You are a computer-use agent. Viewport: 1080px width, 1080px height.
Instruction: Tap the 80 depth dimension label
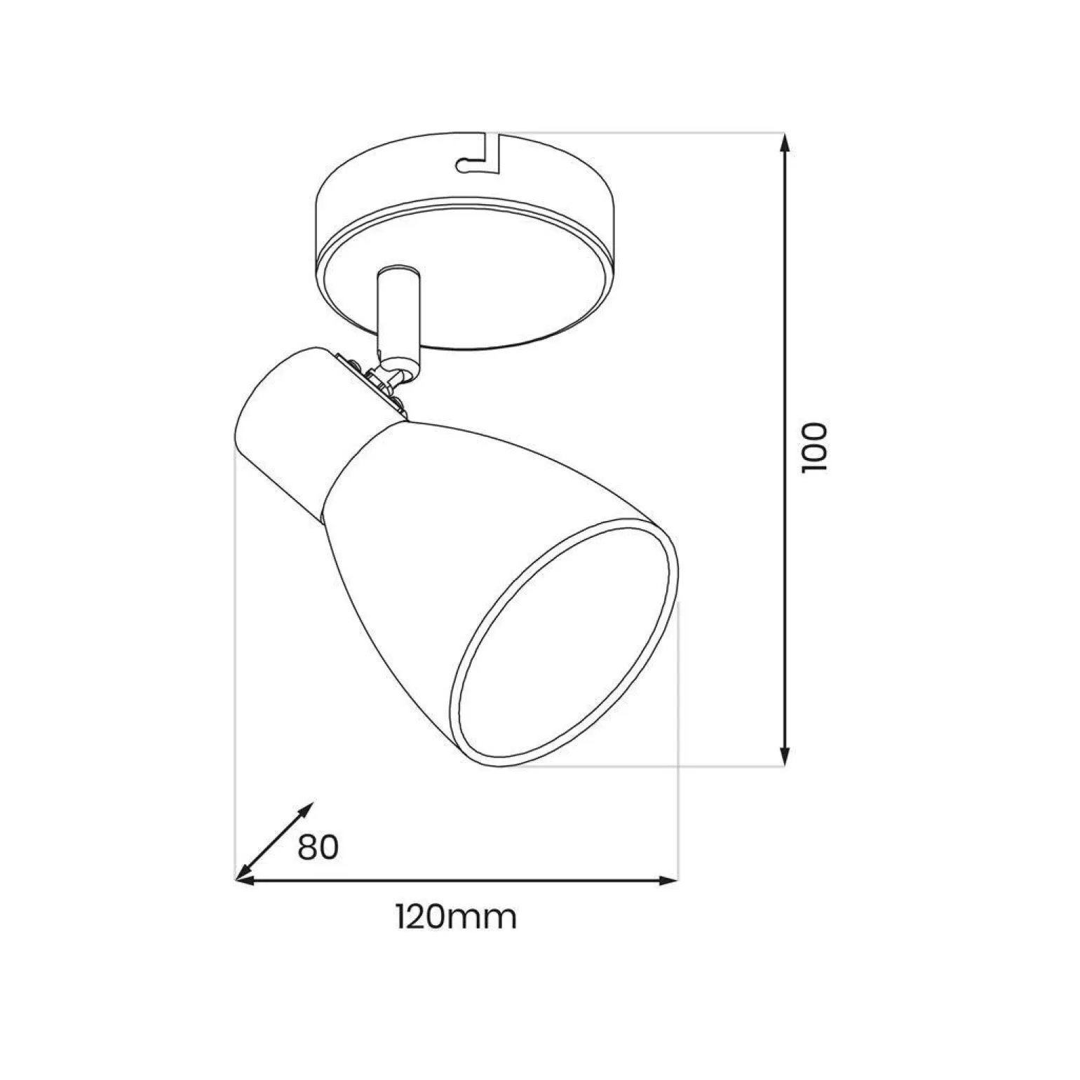(318, 847)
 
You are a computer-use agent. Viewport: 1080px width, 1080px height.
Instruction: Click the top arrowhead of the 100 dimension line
(785, 143)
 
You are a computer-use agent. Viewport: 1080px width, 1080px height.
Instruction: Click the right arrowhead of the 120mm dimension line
(669, 880)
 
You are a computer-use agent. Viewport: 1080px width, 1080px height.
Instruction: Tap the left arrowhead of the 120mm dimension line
(243, 880)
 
